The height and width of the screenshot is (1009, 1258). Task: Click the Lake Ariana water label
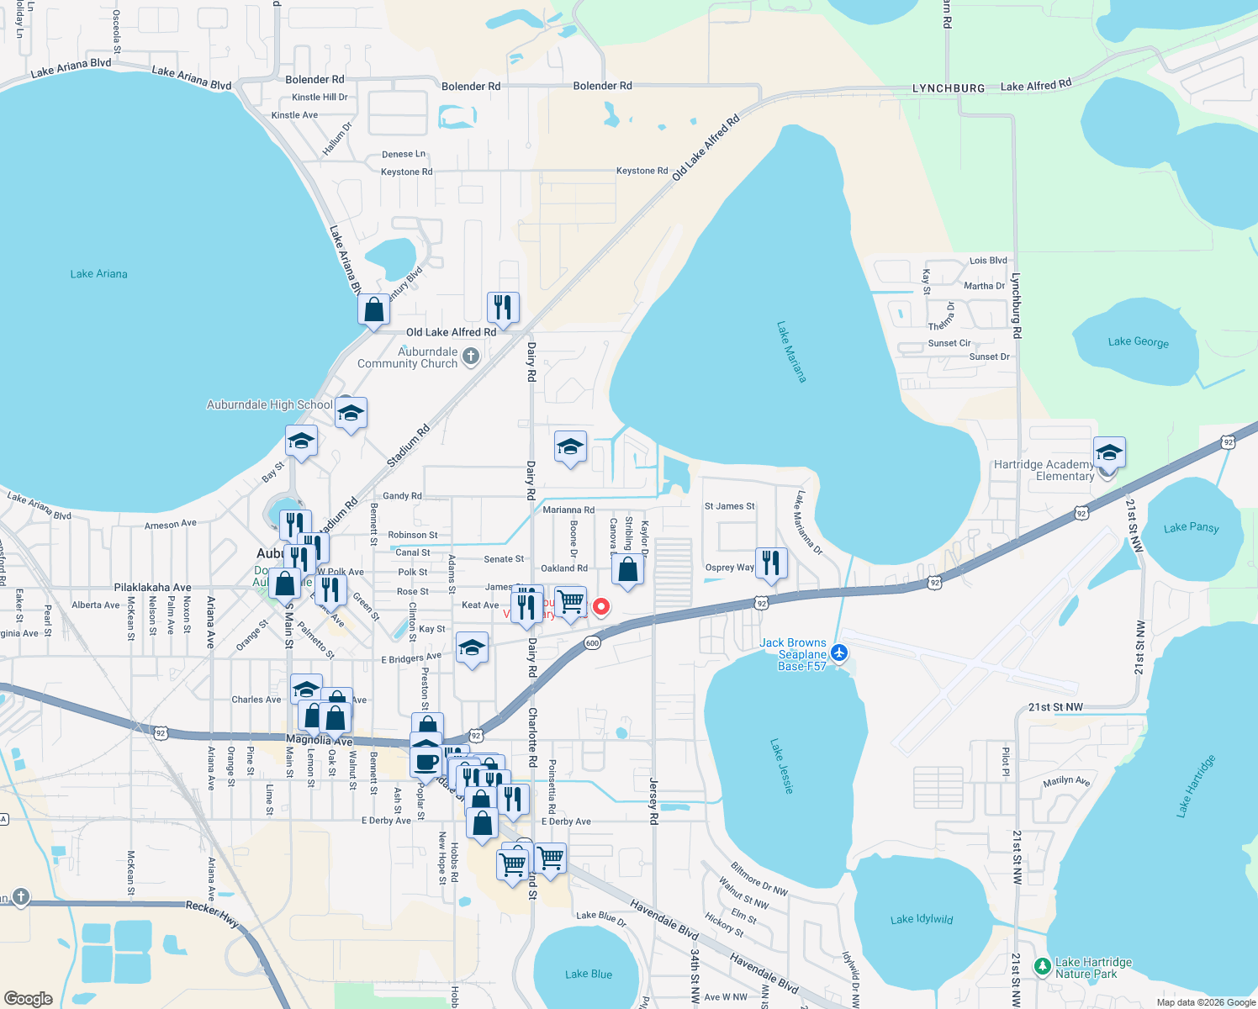click(99, 274)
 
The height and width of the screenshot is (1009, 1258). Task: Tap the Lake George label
click(1138, 341)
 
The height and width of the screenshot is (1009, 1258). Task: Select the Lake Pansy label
click(1191, 527)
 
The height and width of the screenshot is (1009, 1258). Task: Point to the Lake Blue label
click(589, 974)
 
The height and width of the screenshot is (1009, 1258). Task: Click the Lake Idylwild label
click(922, 919)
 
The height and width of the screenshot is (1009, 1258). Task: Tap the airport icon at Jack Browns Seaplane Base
click(838, 652)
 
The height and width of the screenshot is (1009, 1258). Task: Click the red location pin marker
click(601, 605)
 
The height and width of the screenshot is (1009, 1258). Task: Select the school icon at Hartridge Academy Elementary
click(1108, 452)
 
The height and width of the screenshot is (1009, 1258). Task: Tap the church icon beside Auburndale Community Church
click(471, 357)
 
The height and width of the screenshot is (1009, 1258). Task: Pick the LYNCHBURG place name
click(949, 88)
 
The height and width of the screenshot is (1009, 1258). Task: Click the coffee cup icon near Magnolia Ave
click(426, 762)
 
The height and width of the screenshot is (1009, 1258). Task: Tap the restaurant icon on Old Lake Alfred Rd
click(503, 307)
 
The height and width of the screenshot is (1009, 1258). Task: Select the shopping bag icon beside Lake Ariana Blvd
click(373, 309)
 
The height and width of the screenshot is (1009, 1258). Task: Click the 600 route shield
click(592, 643)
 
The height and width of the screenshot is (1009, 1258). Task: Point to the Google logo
click(29, 998)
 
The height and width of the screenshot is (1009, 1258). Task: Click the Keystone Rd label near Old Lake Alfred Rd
click(642, 171)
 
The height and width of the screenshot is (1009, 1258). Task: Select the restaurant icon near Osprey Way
click(771, 563)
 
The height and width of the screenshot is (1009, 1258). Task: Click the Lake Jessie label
click(782, 766)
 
